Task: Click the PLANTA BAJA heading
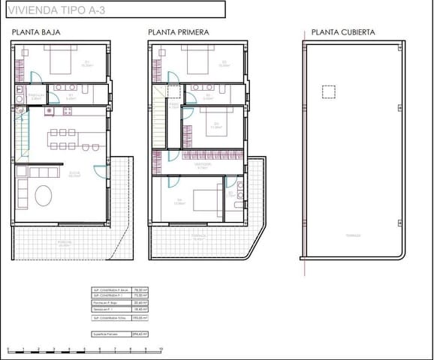click(x=35, y=32)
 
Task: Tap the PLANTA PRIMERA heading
click(x=178, y=32)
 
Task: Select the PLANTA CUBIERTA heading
click(x=343, y=32)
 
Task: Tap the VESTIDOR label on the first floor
click(x=201, y=163)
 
